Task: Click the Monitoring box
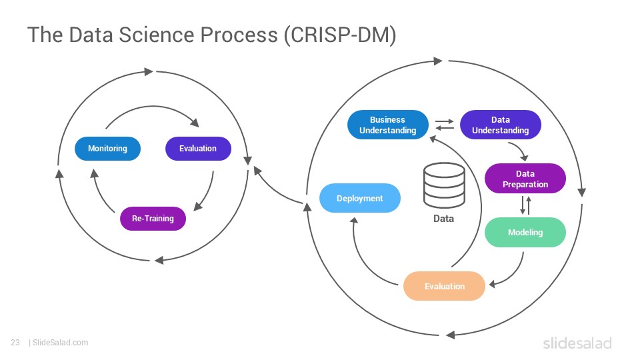point(107,149)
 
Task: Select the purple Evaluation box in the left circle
point(198,149)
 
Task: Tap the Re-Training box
point(153,219)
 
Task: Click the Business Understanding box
point(388,125)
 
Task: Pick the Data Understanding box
point(501,125)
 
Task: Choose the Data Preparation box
point(525,179)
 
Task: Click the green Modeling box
point(525,232)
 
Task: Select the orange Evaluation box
point(444,286)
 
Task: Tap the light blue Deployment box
point(359,199)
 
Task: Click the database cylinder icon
point(444,186)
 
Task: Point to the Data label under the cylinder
point(444,219)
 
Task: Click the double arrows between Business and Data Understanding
point(445,125)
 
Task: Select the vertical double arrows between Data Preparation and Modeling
point(526,205)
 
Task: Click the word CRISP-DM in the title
point(339,35)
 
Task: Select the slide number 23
point(15,343)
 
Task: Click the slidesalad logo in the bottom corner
point(577,343)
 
